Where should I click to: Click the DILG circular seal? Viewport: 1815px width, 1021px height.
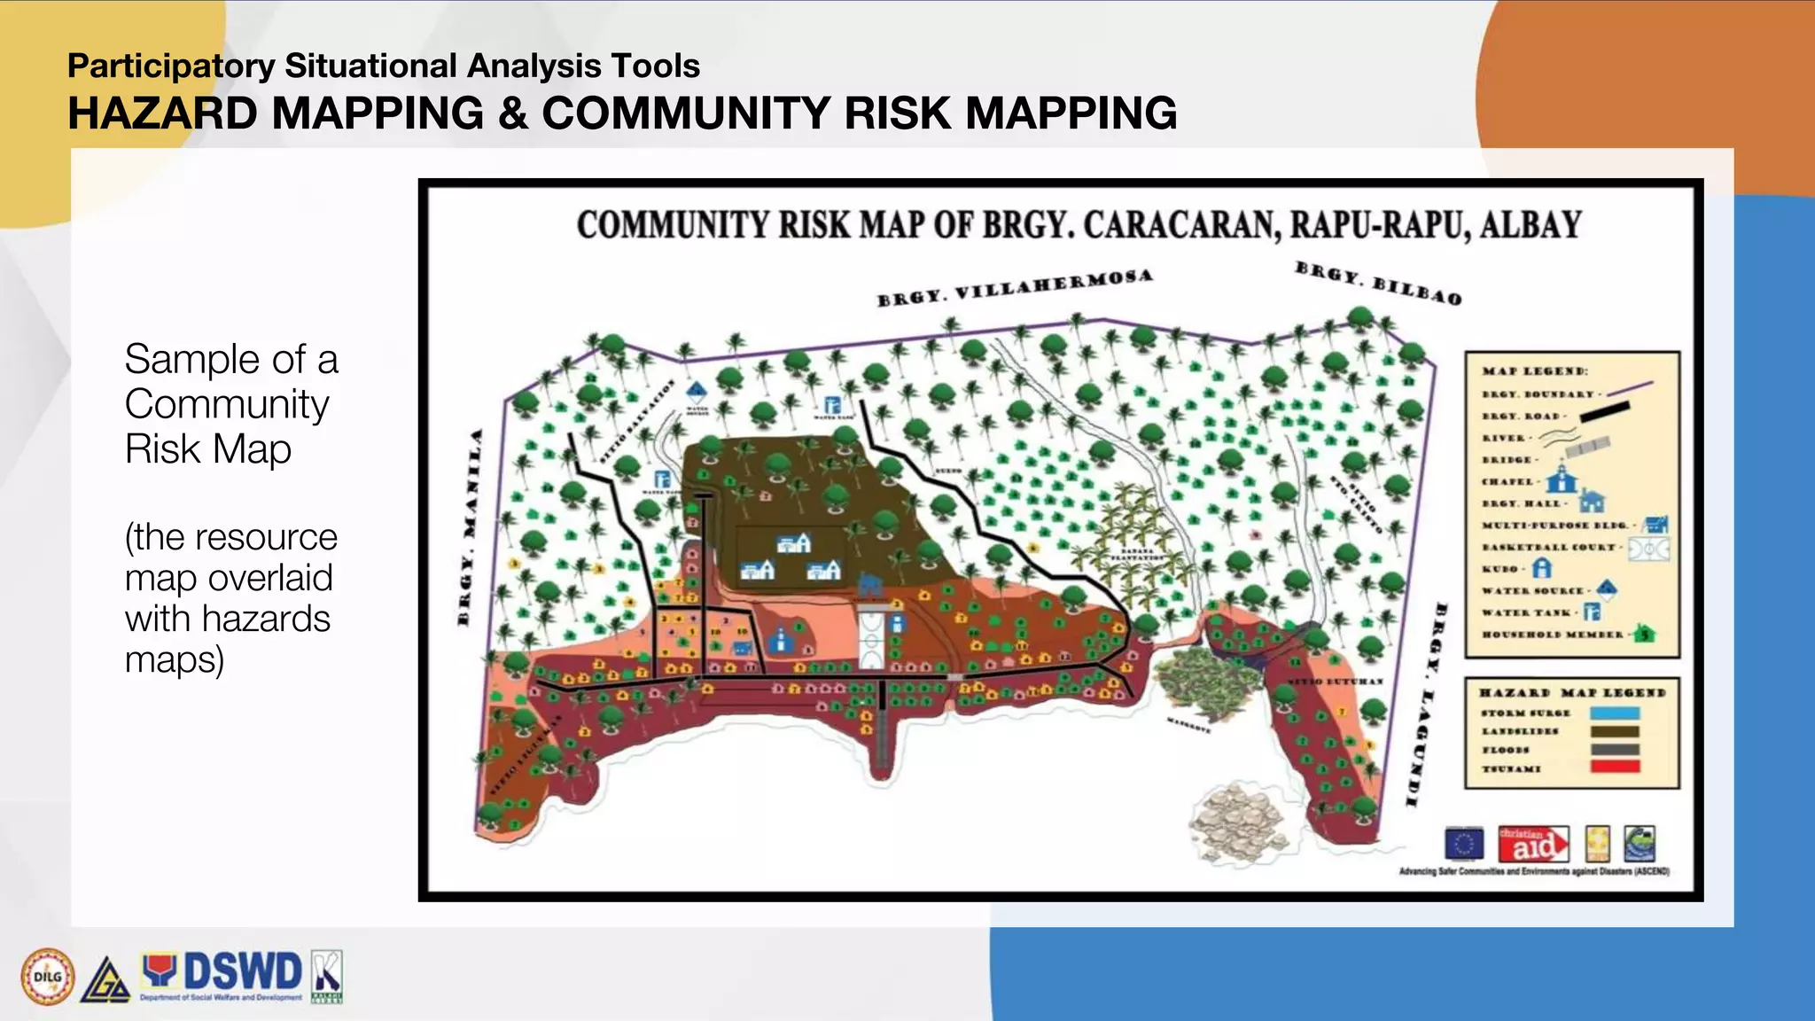[48, 977]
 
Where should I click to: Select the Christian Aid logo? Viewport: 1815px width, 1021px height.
[1532, 844]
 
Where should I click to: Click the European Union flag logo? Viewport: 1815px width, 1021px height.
[1463, 844]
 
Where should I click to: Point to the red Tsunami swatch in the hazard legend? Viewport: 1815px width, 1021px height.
[1615, 768]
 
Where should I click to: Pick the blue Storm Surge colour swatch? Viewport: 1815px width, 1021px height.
[1615, 713]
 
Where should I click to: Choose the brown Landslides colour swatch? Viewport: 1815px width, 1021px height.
[1615, 731]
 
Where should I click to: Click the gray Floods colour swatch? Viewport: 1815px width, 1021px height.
[1615, 750]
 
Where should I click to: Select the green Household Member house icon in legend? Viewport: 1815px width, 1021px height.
[1645, 634]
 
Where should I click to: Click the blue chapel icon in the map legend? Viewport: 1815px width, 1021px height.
[1562, 479]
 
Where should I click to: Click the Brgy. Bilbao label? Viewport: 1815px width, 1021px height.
[1378, 283]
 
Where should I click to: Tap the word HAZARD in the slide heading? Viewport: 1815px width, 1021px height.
[162, 113]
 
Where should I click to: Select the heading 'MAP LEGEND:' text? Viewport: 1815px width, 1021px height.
[1535, 370]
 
